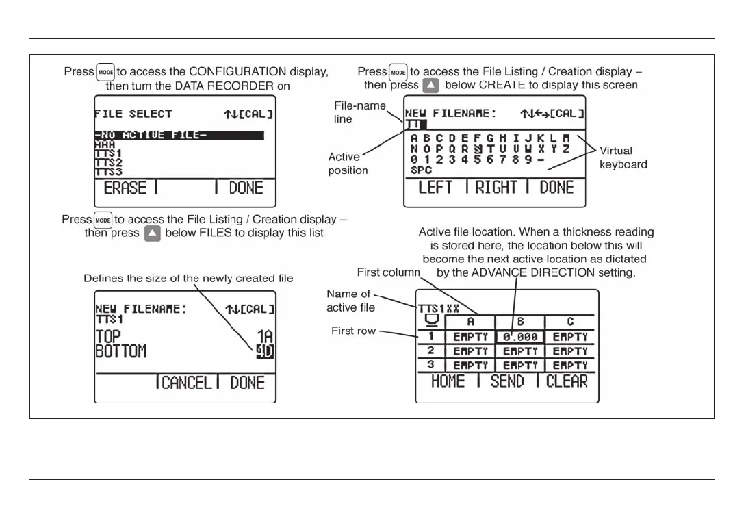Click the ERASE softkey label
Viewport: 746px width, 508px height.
click(x=126, y=188)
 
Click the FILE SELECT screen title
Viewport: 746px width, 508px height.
click(x=133, y=114)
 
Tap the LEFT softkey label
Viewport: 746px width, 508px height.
click(x=435, y=188)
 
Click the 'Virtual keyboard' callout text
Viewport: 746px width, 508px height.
click(x=623, y=157)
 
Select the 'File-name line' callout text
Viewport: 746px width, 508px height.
click(x=360, y=112)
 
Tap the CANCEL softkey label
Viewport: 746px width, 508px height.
click(x=187, y=383)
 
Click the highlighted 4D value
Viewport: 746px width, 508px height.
click(x=263, y=353)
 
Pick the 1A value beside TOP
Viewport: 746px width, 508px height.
click(x=263, y=337)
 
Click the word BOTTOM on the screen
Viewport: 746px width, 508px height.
click(x=120, y=353)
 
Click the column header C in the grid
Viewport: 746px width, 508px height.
click(x=569, y=321)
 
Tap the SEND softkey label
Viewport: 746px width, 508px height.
click(x=507, y=381)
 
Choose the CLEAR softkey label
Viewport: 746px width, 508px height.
click(x=567, y=381)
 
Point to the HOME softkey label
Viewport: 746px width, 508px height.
click(x=448, y=381)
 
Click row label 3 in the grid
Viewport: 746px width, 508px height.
click(x=430, y=365)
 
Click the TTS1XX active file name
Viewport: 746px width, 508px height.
click(x=439, y=309)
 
